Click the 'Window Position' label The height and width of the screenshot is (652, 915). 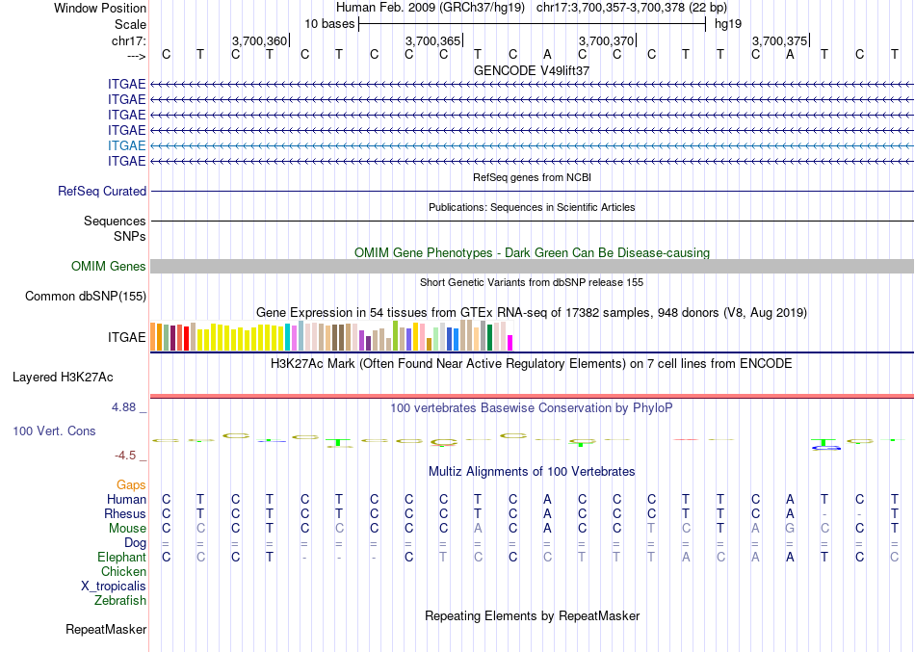tap(100, 8)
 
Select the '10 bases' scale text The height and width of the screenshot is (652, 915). tap(329, 23)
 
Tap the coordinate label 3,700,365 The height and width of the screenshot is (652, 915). tap(432, 40)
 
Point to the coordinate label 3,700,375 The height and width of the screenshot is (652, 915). tap(779, 40)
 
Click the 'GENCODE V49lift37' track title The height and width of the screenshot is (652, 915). tap(532, 70)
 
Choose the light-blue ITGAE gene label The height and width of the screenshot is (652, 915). tap(127, 144)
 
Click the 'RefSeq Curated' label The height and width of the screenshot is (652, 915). tap(102, 191)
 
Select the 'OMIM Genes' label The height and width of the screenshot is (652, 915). tap(109, 266)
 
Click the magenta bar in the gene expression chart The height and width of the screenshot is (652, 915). tap(510, 342)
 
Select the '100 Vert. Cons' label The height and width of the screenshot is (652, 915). tap(54, 430)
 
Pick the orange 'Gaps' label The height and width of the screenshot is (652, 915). tap(131, 484)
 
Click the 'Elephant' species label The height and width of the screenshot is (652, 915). tap(121, 557)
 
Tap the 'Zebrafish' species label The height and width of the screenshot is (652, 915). tap(120, 600)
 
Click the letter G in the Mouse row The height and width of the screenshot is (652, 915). tap(790, 528)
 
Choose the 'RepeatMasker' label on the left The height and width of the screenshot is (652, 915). tap(106, 630)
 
